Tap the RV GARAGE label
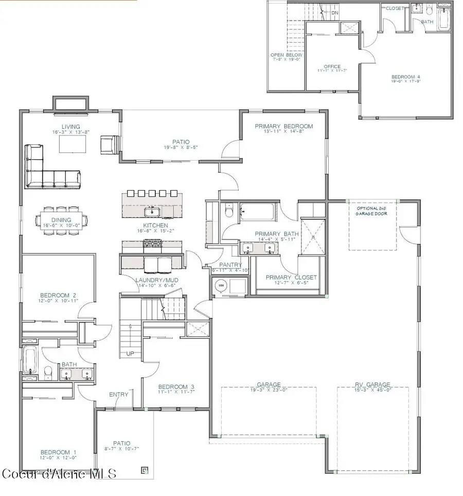click(x=372, y=384)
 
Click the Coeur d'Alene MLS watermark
click(x=59, y=473)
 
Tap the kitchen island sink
click(x=152, y=211)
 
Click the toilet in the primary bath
click(x=229, y=211)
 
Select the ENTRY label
click(x=118, y=395)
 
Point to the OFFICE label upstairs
click(x=332, y=66)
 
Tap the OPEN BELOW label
click(x=287, y=55)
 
